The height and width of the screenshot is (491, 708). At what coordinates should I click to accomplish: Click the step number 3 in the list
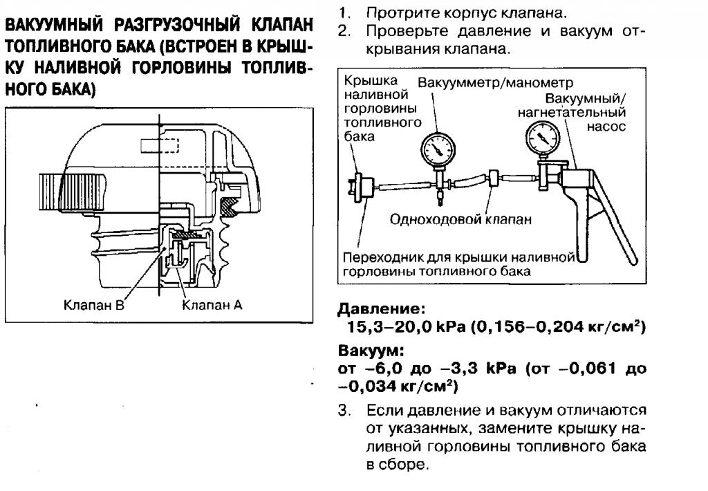pyautogui.click(x=344, y=410)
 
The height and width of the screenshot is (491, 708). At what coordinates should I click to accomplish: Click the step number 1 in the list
pyautogui.click(x=344, y=13)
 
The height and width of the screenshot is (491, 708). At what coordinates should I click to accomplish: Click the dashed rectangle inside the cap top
pyautogui.click(x=160, y=146)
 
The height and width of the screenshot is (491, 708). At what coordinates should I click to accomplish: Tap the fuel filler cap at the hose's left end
pyautogui.click(x=360, y=185)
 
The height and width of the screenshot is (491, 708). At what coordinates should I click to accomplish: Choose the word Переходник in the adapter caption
pyautogui.click(x=379, y=258)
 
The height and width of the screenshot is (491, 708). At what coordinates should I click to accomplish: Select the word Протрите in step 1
pyautogui.click(x=394, y=13)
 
